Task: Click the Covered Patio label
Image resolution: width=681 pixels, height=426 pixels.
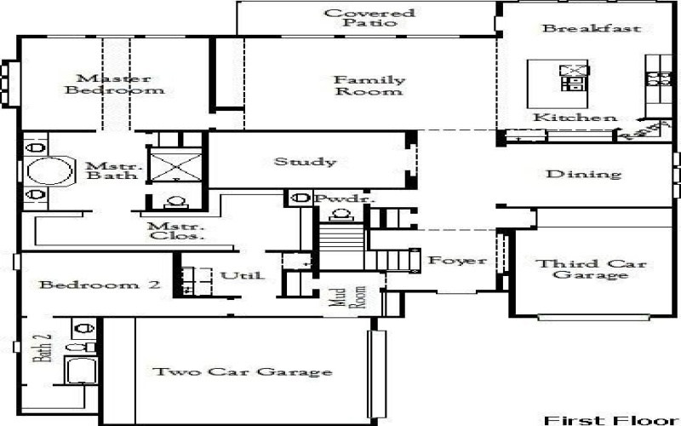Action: [369, 18]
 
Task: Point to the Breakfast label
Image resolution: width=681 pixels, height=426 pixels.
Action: [592, 28]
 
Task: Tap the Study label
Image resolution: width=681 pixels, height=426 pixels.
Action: [304, 161]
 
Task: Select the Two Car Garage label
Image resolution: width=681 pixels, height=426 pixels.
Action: [241, 372]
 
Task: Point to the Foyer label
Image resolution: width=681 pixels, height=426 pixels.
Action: [456, 261]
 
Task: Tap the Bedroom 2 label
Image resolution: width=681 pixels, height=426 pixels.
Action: [100, 285]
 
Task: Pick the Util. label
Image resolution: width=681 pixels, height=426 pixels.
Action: [243, 276]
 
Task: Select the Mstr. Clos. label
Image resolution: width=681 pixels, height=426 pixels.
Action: [175, 231]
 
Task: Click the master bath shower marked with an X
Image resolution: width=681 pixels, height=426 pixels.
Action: [175, 164]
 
